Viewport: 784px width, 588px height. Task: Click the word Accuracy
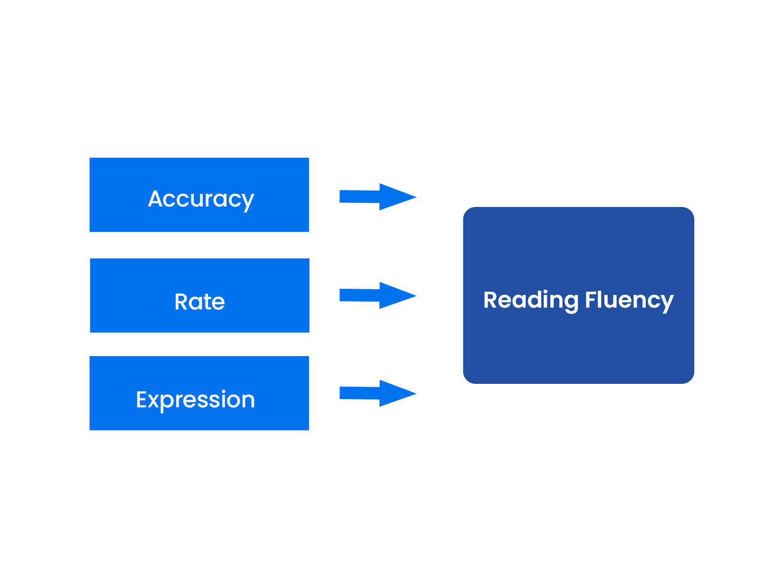coord(201,199)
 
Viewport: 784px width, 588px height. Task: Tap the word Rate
coord(199,302)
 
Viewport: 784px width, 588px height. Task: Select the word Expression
coord(195,400)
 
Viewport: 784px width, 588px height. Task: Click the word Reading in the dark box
coord(531,300)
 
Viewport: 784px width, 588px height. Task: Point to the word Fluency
coord(629,300)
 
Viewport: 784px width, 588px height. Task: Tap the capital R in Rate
coord(182,302)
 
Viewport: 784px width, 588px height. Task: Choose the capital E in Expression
coord(142,399)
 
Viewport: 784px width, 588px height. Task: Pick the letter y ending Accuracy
coord(247,201)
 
